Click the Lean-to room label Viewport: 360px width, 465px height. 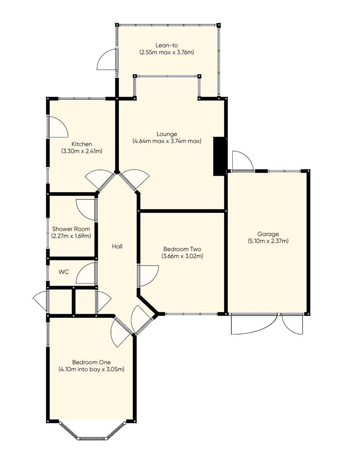point(167,45)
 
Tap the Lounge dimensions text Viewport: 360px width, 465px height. point(167,141)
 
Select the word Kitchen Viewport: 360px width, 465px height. point(82,144)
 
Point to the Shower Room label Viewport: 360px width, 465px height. point(71,229)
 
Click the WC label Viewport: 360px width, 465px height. point(64,272)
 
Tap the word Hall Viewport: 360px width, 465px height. point(117,246)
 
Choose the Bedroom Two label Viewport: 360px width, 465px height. point(182,249)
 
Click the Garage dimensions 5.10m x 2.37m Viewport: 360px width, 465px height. point(268,241)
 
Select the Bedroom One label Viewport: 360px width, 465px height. point(92,362)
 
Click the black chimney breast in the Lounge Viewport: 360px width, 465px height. point(219,156)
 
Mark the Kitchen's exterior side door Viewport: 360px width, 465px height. point(58,127)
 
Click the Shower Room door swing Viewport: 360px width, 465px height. point(86,210)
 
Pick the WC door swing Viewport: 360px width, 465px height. point(86,273)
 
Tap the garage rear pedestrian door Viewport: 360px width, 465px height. point(243,161)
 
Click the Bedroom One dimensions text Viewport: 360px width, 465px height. point(92,369)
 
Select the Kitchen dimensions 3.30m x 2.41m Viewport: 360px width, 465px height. point(82,151)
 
